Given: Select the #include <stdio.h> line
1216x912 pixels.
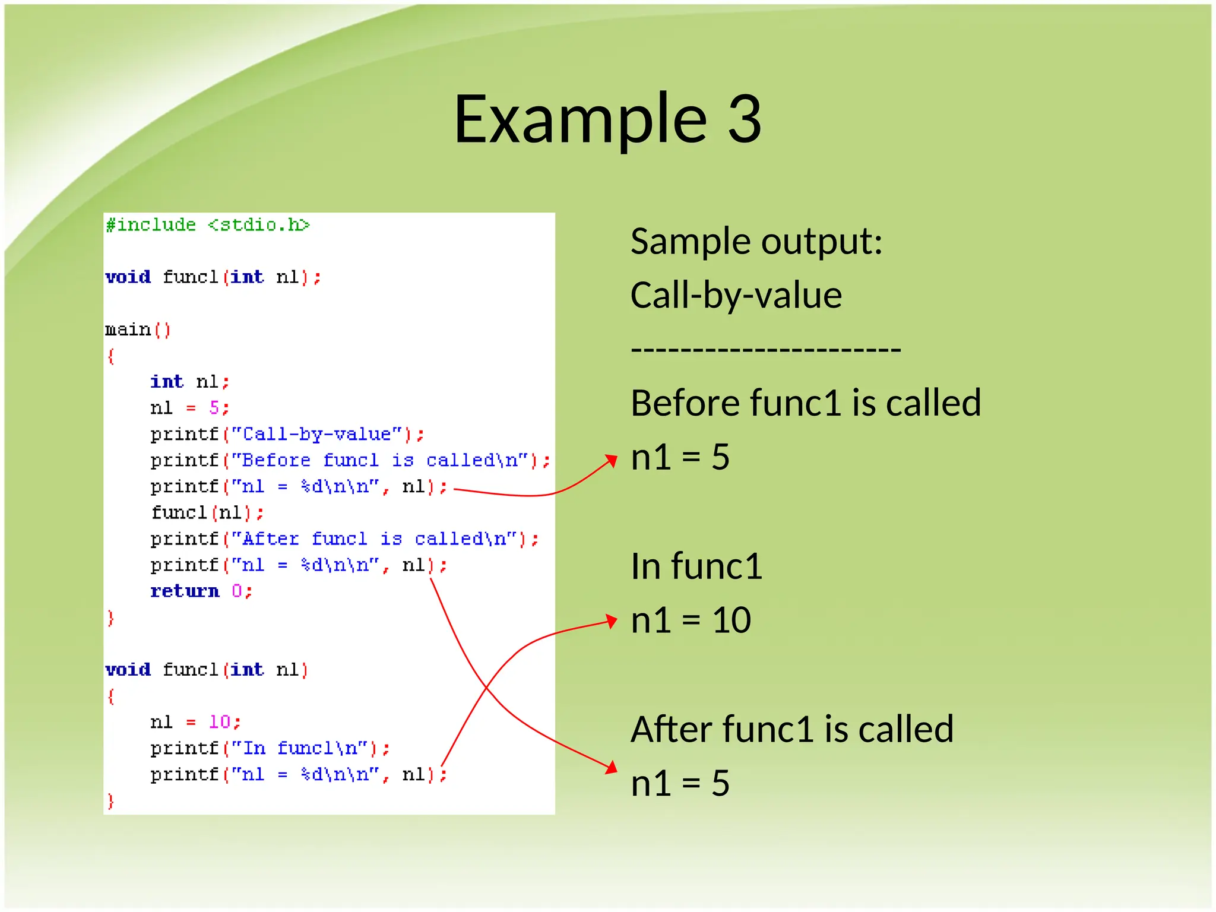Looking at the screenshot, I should pyautogui.click(x=208, y=225).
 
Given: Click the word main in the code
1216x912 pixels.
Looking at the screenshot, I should pyautogui.click(x=128, y=330).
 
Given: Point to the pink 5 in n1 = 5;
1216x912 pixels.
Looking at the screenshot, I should pyautogui.click(x=214, y=407).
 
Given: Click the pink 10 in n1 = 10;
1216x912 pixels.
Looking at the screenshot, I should pyautogui.click(x=220, y=721).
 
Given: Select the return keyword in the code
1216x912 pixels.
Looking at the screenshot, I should pyautogui.click(x=185, y=591).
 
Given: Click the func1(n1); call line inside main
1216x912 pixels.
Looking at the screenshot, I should pyautogui.click(x=207, y=512).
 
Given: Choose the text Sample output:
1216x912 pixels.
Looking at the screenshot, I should pyautogui.click(x=756, y=242).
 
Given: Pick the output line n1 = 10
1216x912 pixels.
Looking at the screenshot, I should pyautogui.click(x=691, y=620).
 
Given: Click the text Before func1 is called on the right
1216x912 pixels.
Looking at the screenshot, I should pyautogui.click(x=805, y=403).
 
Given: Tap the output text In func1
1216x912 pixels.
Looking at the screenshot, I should pyautogui.click(x=696, y=566).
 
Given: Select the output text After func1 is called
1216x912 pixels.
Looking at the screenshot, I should pyautogui.click(x=791, y=729).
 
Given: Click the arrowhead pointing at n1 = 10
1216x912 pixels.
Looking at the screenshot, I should pyautogui.click(x=612, y=620).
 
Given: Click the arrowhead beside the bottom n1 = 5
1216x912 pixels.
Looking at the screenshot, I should pyautogui.click(x=612, y=768).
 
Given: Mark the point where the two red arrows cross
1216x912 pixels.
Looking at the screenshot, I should pyautogui.click(x=487, y=688).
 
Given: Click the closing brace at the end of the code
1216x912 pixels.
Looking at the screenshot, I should pyautogui.click(x=110, y=801).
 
